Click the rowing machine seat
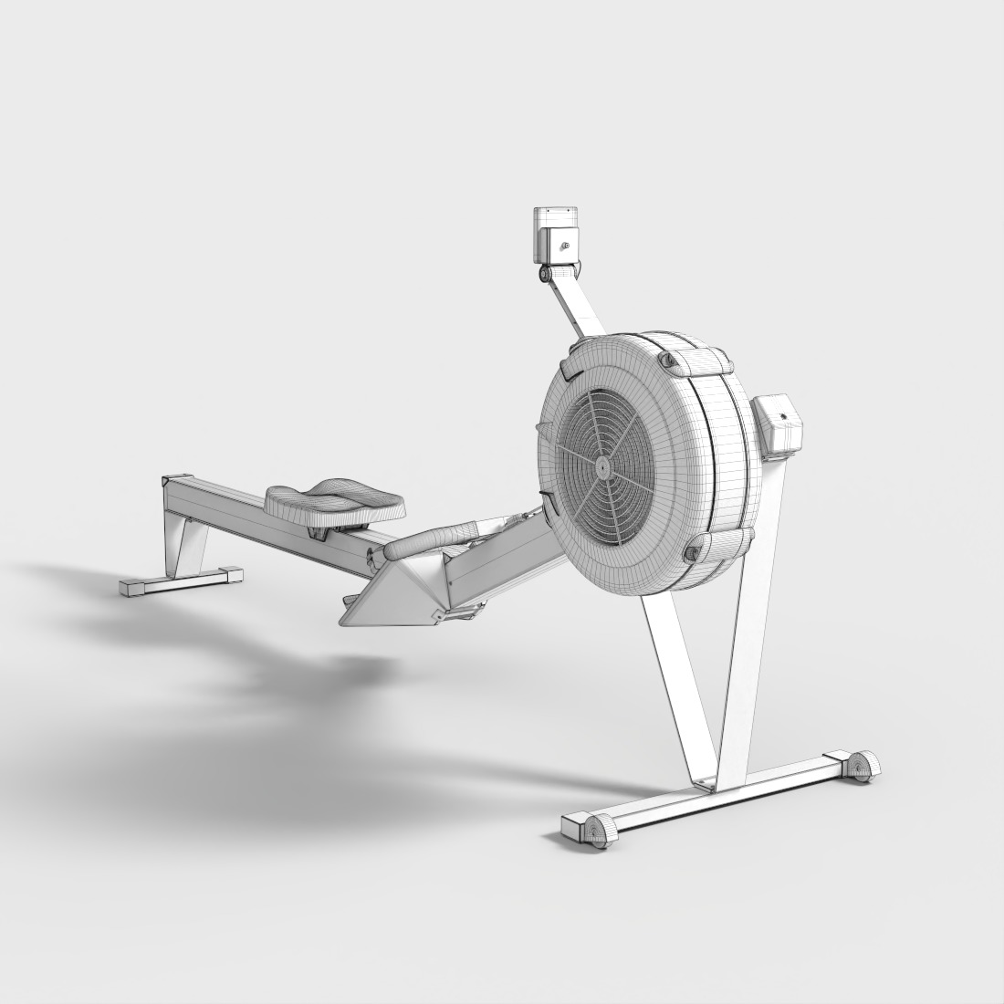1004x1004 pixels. click(334, 499)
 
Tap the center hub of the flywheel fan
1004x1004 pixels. click(603, 464)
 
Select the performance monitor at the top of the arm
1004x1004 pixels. click(556, 235)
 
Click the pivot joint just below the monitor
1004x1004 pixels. click(546, 273)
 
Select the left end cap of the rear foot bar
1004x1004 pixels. click(131, 587)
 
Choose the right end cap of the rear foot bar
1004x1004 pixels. click(231, 574)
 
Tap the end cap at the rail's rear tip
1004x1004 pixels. click(174, 480)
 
